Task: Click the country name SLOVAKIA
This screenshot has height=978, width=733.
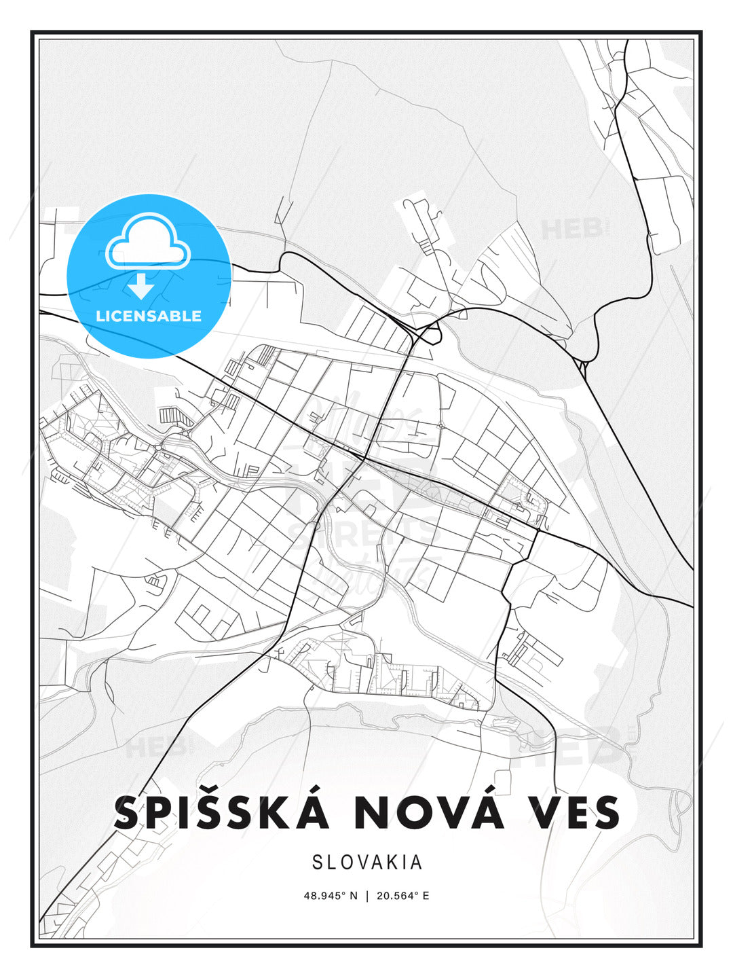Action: point(367,863)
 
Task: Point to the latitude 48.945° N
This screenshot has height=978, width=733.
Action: point(331,896)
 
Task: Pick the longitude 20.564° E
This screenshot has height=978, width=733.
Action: point(402,896)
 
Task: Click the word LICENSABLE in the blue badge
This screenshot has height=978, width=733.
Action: point(149,316)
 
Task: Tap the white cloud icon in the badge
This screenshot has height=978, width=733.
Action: point(149,242)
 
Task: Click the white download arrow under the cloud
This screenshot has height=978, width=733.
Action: point(141,287)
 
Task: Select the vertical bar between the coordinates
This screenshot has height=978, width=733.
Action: point(367,896)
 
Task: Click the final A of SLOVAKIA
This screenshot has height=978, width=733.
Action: point(417,863)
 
